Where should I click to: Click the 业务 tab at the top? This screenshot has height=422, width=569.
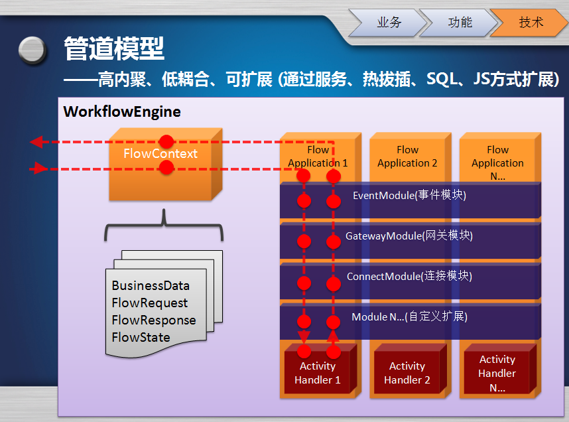[389, 23]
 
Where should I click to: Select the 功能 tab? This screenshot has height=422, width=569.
[460, 23]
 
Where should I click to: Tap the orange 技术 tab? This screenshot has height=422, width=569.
[531, 23]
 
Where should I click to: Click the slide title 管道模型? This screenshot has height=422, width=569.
[114, 48]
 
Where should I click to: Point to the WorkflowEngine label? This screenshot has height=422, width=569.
[122, 111]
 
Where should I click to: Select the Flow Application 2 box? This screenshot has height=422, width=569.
[407, 157]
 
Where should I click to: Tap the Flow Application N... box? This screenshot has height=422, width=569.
[497, 163]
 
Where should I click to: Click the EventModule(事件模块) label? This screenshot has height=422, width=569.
[409, 196]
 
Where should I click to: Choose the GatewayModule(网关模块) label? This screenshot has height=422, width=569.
[409, 236]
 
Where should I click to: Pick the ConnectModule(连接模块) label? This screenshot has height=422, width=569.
[409, 277]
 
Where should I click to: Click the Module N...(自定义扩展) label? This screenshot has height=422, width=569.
[409, 317]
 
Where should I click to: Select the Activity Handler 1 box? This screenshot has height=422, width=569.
[318, 373]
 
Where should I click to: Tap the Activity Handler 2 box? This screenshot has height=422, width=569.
[407, 373]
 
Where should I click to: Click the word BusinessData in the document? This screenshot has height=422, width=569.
[151, 286]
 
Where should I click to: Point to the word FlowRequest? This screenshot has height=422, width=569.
[150, 303]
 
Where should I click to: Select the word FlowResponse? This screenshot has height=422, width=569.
[154, 320]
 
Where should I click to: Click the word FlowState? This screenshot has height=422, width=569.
[141, 338]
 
